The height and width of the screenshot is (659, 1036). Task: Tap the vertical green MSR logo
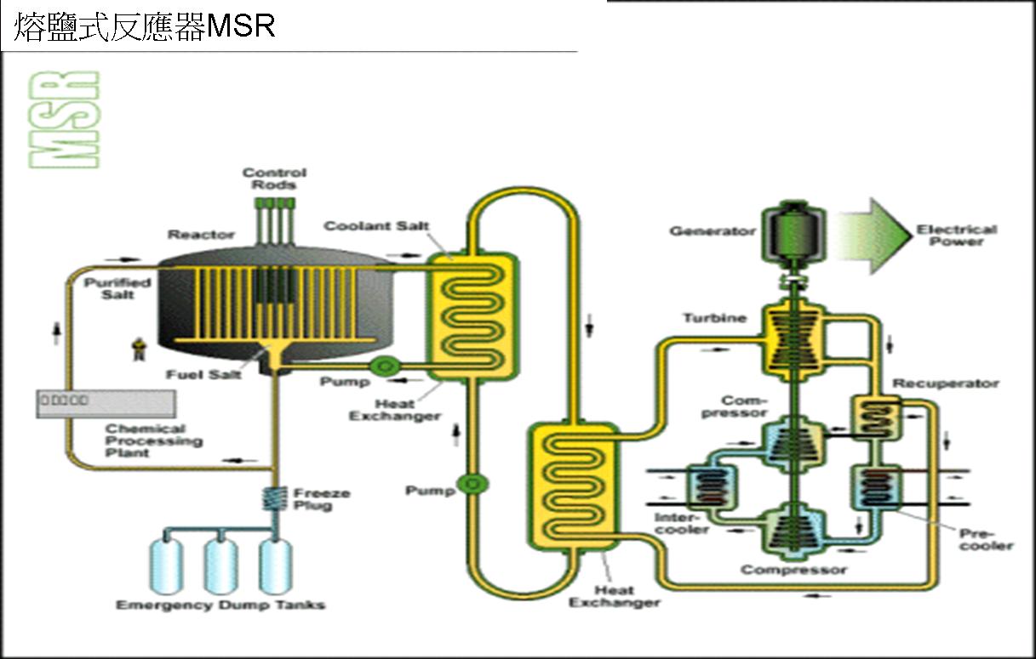click(x=64, y=119)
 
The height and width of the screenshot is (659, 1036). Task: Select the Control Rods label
click(x=274, y=179)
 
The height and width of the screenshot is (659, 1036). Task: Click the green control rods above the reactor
click(x=275, y=217)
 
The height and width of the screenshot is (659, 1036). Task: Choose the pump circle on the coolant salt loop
click(x=467, y=484)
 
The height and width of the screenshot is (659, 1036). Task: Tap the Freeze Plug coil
click(x=274, y=497)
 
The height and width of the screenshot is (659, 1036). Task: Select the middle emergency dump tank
click(x=220, y=565)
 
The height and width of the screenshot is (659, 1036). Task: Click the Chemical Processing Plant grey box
click(x=106, y=402)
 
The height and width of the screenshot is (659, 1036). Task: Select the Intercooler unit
click(x=708, y=486)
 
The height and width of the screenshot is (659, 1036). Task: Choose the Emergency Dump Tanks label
click(x=220, y=605)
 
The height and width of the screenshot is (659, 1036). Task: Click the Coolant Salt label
click(x=376, y=226)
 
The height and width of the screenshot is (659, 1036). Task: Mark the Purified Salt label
click(x=117, y=288)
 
